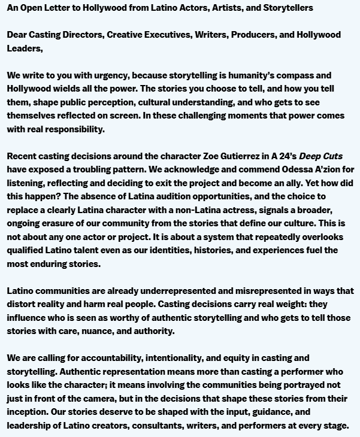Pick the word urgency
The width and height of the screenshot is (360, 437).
tap(111, 75)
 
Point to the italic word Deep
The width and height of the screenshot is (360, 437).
tap(311, 156)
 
